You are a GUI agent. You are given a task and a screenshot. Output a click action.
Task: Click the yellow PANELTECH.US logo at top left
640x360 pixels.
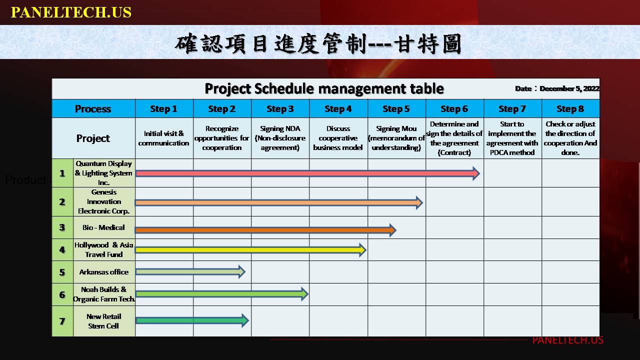71,12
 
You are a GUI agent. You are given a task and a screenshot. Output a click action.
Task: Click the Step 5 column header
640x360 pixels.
396,109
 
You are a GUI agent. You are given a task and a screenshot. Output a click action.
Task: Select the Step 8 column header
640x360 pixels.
570,109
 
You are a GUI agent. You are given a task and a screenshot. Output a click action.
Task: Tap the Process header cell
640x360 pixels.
93,109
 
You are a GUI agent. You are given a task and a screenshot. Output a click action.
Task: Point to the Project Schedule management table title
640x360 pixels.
324,88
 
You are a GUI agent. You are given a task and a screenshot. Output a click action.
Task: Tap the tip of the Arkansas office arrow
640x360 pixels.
245,271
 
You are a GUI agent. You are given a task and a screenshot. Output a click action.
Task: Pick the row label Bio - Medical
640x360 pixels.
103,227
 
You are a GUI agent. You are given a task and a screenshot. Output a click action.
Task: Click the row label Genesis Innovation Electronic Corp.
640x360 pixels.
103,201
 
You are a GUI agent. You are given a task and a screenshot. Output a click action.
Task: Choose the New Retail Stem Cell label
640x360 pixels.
103,321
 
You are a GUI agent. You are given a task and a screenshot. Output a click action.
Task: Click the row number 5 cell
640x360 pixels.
62,272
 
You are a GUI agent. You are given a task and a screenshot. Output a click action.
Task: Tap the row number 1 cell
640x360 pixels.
62,173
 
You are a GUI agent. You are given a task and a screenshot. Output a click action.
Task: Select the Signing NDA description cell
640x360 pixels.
280,138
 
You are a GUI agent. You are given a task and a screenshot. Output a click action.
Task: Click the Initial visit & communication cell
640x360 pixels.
164,138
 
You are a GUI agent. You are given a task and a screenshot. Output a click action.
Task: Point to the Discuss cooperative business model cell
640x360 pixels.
338,138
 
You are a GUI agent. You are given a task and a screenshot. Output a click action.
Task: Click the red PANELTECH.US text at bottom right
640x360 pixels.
567,340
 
